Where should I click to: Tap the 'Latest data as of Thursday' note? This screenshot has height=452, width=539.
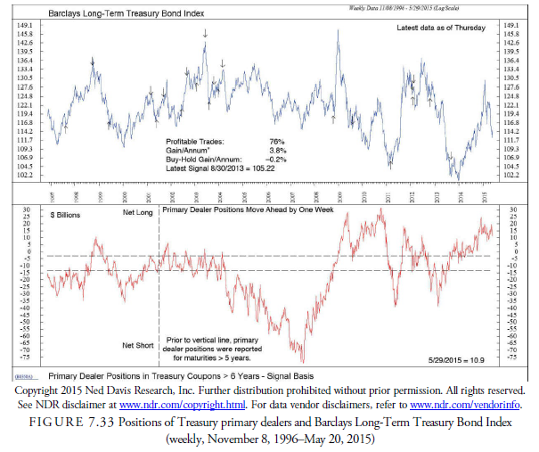click(x=441, y=29)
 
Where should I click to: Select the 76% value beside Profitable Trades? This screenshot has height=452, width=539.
click(x=276, y=142)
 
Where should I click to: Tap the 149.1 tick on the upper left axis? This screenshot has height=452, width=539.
click(x=26, y=26)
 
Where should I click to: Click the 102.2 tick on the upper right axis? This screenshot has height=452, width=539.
click(x=513, y=175)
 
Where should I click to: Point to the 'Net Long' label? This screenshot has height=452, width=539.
click(x=137, y=214)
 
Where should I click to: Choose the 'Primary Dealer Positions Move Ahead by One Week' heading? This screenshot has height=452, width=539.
click(x=246, y=212)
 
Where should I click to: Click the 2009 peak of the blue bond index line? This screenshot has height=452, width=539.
click(x=339, y=30)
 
